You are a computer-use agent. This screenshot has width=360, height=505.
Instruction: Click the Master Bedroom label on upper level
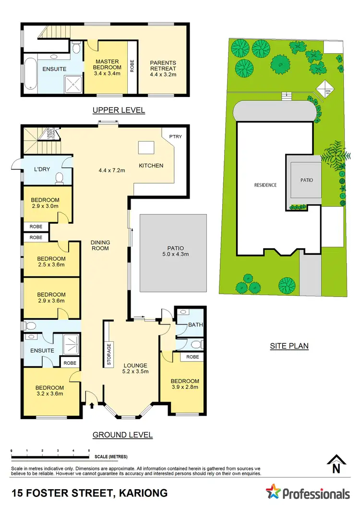[x=107, y=65]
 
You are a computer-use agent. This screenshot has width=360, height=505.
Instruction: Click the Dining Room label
[x=100, y=245]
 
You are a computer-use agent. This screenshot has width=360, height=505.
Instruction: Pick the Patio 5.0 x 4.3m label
[x=173, y=251]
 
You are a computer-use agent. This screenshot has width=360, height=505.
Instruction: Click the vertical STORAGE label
[x=109, y=354]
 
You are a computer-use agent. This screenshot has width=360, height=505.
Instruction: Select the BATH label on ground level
[x=195, y=325]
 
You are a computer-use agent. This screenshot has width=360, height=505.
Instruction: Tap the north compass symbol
[x=337, y=464]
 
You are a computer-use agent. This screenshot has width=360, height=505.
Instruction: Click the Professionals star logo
[x=274, y=492]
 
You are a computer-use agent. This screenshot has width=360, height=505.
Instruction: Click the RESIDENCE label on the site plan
[x=265, y=185]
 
